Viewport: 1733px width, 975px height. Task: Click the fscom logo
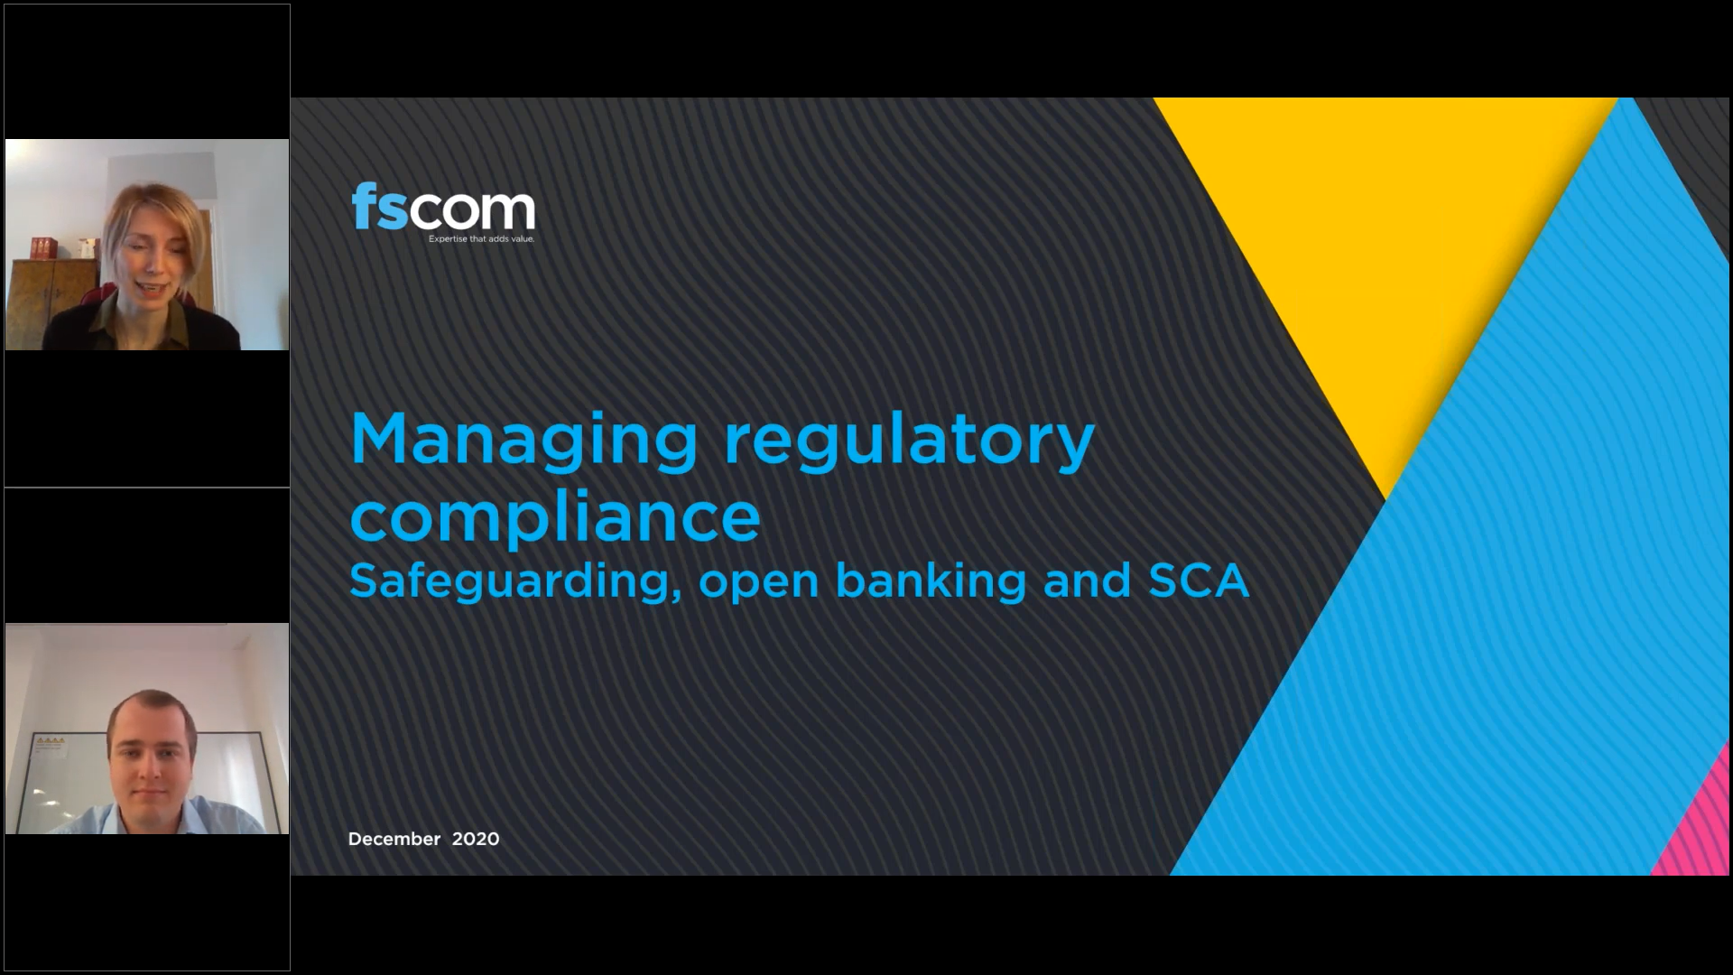[x=443, y=213]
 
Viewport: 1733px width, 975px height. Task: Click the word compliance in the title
[x=555, y=518]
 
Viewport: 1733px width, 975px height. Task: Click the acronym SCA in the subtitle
[x=1199, y=580]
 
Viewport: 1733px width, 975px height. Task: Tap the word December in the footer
[x=394, y=839]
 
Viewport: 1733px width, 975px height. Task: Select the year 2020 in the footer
[x=476, y=839]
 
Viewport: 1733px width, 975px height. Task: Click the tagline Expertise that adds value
[x=481, y=239]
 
